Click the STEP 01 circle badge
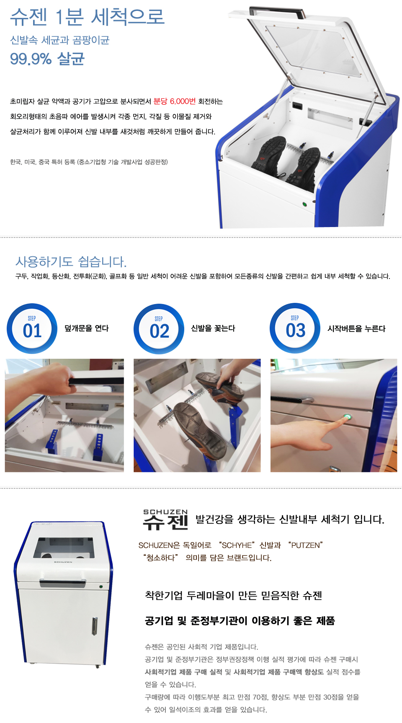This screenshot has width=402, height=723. click(32, 328)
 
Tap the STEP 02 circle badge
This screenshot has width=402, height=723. click(159, 329)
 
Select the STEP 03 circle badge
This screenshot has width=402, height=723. click(295, 328)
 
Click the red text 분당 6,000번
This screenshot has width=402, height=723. click(175, 101)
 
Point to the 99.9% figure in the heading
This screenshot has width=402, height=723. click(31, 59)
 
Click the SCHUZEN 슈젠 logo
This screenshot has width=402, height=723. click(165, 519)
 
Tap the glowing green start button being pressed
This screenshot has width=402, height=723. click(347, 417)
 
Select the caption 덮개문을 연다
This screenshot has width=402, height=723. click(87, 328)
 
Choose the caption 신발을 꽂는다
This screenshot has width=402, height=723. click(213, 328)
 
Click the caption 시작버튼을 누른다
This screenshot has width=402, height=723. click(356, 329)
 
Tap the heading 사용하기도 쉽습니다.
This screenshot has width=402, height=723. click(71, 262)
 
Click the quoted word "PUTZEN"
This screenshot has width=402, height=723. click(306, 545)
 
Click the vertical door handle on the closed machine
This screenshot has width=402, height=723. click(95, 626)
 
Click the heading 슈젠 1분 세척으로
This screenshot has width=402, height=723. click(87, 17)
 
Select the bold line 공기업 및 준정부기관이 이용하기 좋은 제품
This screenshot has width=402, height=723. click(240, 621)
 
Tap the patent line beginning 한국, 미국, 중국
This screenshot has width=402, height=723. click(89, 162)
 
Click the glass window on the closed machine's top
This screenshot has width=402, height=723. click(64, 547)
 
